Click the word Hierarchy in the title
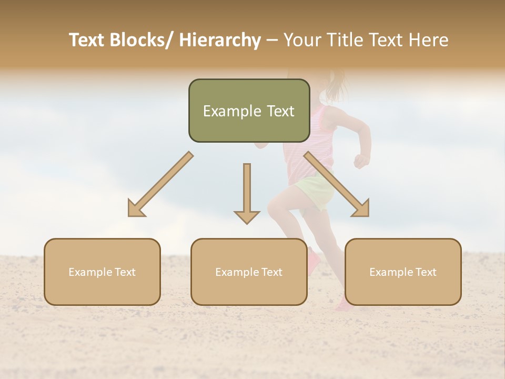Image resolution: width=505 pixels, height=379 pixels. [x=220, y=40]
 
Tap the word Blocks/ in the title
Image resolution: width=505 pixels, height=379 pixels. [x=141, y=40]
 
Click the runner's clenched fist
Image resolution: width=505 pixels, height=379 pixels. [x=361, y=161]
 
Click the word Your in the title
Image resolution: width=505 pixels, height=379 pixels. [x=300, y=40]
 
